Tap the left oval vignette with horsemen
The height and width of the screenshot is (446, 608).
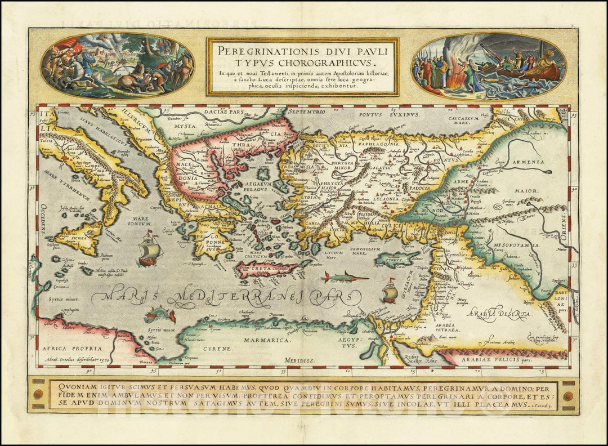[x=117, y=66]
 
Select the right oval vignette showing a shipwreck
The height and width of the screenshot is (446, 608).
[x=488, y=66]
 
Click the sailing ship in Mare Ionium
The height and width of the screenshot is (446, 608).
[x=149, y=249]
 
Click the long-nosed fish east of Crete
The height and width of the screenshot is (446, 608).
[x=345, y=276]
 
